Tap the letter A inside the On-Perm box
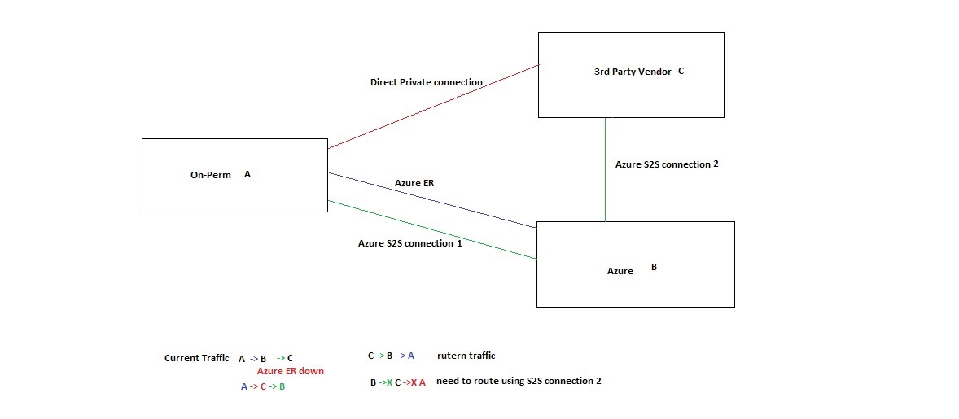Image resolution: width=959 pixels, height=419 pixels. point(247,174)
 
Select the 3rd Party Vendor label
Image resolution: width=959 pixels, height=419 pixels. point(633,72)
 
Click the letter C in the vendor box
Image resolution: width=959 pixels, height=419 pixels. point(681,71)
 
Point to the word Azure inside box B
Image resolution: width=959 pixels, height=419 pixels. point(620,271)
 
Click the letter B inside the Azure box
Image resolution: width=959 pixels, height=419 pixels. point(654,266)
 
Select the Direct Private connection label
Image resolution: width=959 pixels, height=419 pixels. point(426,82)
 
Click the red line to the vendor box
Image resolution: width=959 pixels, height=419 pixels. point(431,107)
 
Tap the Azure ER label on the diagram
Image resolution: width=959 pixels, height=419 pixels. point(414,183)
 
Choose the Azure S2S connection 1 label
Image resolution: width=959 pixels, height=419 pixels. point(409,243)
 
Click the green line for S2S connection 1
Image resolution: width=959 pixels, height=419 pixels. point(431,230)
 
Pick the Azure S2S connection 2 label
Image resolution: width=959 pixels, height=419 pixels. point(667,164)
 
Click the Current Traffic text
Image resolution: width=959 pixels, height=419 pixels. point(196,358)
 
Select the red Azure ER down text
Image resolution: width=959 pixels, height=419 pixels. point(290,371)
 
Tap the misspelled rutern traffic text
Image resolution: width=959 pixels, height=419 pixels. point(466,356)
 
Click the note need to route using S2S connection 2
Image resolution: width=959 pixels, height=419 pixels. point(519,381)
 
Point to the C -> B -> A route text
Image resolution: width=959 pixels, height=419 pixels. point(391,356)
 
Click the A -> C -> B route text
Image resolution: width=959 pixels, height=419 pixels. point(262,386)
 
